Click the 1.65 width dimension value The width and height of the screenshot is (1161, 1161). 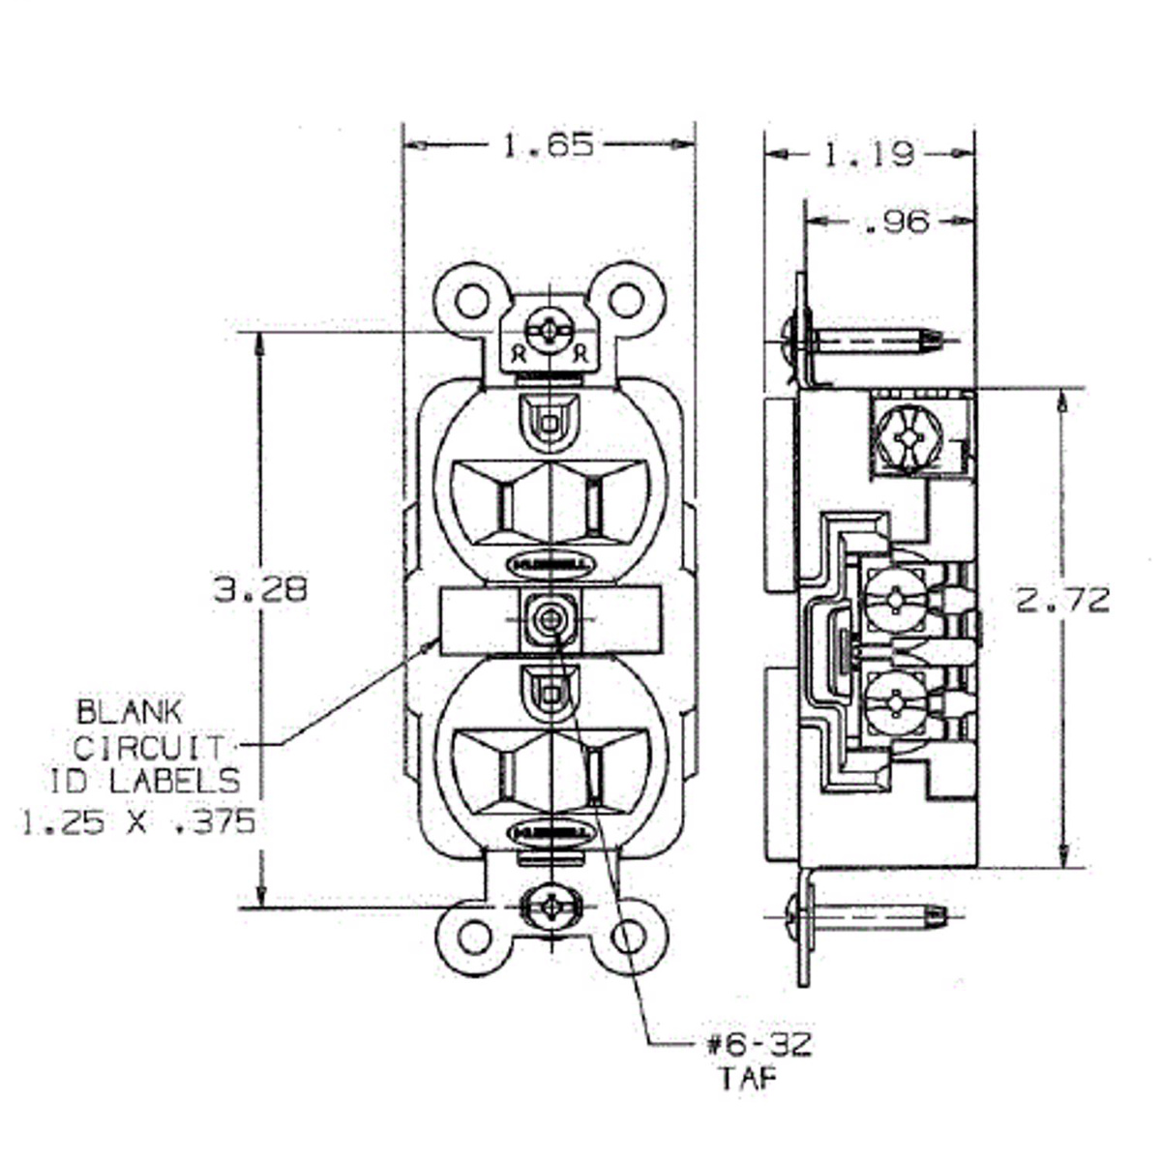pyautogui.click(x=548, y=145)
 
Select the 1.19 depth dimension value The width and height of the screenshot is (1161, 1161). pyautogui.click(x=868, y=154)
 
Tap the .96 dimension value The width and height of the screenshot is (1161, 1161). pyautogui.click(x=895, y=222)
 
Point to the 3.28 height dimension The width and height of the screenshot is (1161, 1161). pyautogui.click(x=260, y=589)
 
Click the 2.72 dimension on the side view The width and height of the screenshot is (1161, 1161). pyautogui.click(x=1062, y=601)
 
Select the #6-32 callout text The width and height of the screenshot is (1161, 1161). pyautogui.click(x=759, y=1045)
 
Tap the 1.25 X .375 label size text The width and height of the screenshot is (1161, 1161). pyautogui.click(x=138, y=822)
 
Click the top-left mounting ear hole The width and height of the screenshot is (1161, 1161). pyautogui.click(x=471, y=301)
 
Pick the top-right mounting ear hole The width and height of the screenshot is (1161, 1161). pyautogui.click(x=628, y=300)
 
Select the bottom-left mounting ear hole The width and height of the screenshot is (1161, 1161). pyautogui.click(x=474, y=937)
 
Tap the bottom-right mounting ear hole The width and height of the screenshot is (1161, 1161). pyautogui.click(x=629, y=936)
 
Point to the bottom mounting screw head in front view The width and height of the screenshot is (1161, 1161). pyautogui.click(x=550, y=909)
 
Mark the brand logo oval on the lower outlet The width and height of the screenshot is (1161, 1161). pyautogui.click(x=550, y=832)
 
